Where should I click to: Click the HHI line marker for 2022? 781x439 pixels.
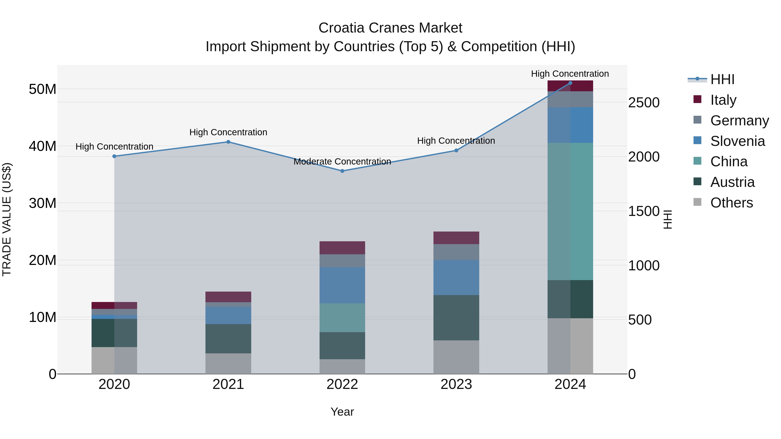tap(342, 171)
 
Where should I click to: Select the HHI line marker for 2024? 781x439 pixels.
tap(570, 83)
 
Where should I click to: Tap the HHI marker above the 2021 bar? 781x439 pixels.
tap(228, 142)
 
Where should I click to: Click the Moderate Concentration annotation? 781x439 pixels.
tap(342, 162)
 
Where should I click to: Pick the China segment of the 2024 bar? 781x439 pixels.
tap(570, 211)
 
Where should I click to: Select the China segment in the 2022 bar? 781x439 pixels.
tap(342, 318)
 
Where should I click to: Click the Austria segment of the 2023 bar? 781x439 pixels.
tap(456, 318)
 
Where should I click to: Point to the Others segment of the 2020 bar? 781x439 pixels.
tap(114, 360)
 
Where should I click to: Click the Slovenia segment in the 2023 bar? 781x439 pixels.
tap(456, 277)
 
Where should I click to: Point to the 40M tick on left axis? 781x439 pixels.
tap(43, 146)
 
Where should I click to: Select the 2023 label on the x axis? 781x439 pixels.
tap(456, 384)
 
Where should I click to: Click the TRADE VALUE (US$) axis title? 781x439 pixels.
tap(7, 219)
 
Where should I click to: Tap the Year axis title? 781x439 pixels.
tap(342, 412)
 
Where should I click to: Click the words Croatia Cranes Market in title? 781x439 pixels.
tap(390, 28)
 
